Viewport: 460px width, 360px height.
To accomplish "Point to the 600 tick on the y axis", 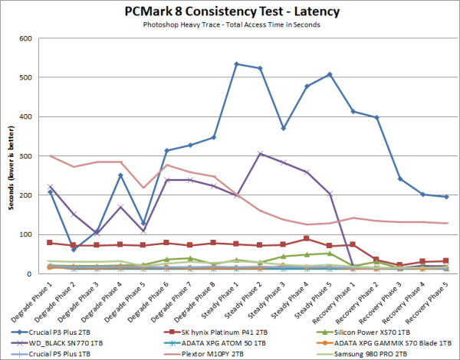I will (x=34, y=38).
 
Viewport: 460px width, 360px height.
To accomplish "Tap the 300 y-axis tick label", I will (x=34, y=156).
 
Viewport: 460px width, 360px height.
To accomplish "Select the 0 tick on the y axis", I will (x=38, y=273).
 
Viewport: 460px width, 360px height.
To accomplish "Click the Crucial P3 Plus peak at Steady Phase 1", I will (x=236, y=64).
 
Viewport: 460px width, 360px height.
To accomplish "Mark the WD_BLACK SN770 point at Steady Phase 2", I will (x=261, y=154).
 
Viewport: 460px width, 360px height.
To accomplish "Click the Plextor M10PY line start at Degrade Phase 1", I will (x=50, y=156).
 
